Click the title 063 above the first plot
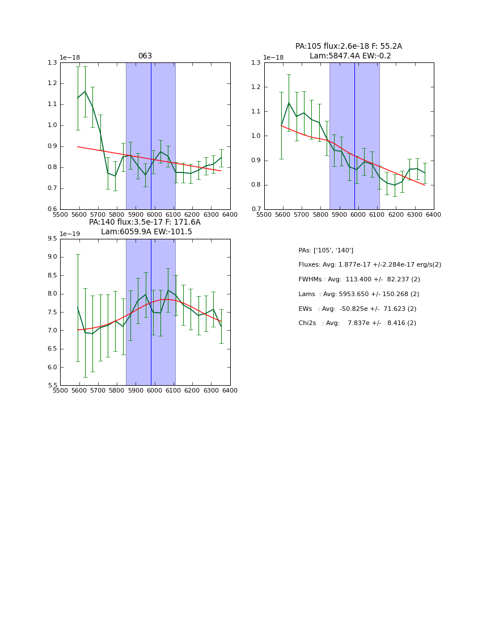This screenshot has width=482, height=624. tap(145, 56)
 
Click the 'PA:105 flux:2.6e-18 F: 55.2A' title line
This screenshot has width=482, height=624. tap(349, 47)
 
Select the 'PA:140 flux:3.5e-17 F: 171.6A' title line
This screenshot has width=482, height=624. tap(145, 222)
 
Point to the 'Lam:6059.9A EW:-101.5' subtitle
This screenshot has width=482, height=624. tap(146, 232)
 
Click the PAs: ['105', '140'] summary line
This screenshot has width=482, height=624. tap(325, 250)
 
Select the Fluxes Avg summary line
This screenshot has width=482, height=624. tap(369, 265)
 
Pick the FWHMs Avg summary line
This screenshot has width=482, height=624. tap(359, 280)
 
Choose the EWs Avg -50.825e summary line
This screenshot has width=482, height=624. tap(357, 309)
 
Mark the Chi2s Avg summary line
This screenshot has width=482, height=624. tap(357, 323)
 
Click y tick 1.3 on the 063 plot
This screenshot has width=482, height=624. tap(52, 62)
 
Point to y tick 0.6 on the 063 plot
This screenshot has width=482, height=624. tap(52, 209)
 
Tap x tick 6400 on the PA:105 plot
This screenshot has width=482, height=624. tap(434, 214)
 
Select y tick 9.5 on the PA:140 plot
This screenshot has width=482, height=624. tap(52, 239)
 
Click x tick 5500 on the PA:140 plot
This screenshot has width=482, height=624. tap(60, 390)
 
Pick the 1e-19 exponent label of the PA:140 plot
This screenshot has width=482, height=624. tap(70, 234)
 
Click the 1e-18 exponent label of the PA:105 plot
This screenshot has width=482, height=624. tap(274, 57)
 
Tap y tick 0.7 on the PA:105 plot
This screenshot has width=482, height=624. tap(256, 209)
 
